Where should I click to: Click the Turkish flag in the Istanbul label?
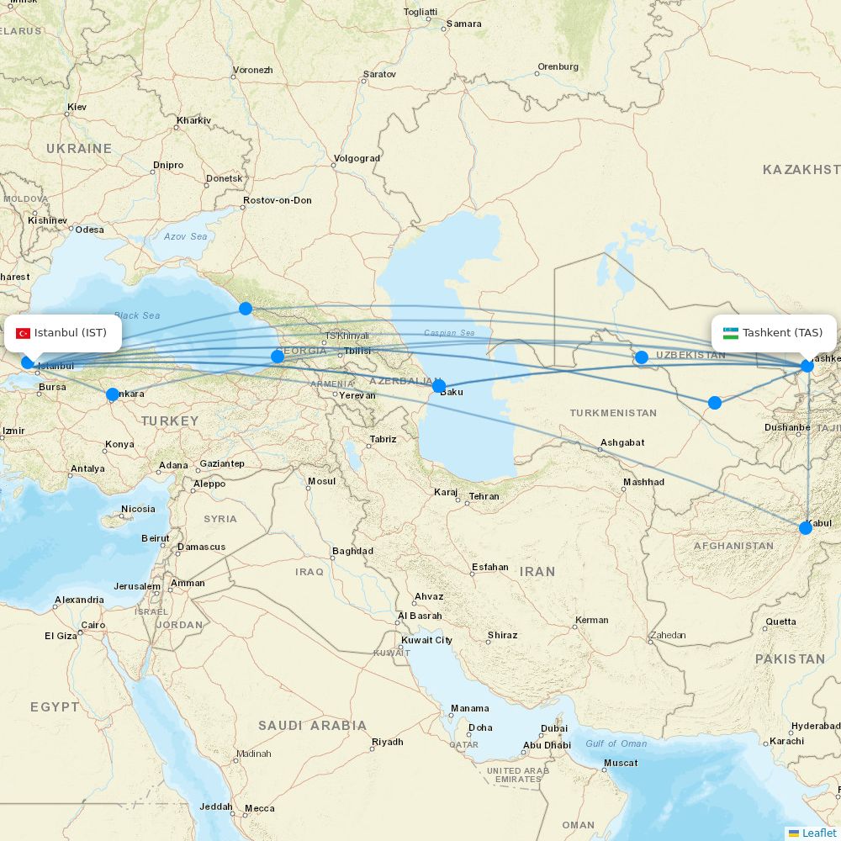coord(24,333)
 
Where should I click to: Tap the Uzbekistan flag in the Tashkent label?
coord(731,333)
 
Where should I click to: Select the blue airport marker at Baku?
coord(439,386)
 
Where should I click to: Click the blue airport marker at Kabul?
coord(806,527)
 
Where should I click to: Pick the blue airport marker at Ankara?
coord(113,394)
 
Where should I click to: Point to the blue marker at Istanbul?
coord(28,362)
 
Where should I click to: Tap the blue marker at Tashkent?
coord(807,365)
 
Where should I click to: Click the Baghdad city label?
coord(352,552)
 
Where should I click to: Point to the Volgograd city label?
coord(357,158)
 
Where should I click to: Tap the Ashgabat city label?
coord(622,442)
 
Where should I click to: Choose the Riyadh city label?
coord(388,742)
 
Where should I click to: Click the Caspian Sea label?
coord(449,333)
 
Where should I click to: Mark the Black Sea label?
coord(137,315)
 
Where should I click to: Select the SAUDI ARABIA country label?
coord(312,725)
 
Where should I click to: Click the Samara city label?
coord(463,24)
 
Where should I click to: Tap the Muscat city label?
coord(621,763)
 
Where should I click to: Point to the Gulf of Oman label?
coord(616,743)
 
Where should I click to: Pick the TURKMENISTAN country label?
coord(613,413)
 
